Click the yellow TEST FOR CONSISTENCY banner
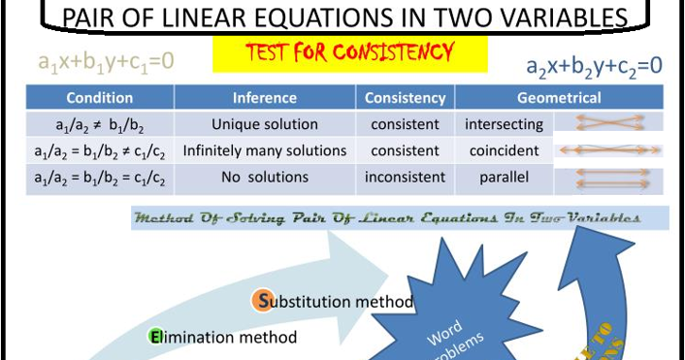click(349, 53)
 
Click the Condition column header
click(99, 98)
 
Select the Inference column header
click(265, 98)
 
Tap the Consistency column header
click(406, 98)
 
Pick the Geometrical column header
click(559, 98)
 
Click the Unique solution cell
click(265, 124)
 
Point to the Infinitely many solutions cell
click(265, 150)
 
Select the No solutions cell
click(265, 178)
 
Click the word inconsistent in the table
click(406, 178)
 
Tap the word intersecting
click(504, 124)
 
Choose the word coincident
click(504, 150)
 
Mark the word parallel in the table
click(504, 178)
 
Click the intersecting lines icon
click(606, 123)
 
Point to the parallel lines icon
click(606, 179)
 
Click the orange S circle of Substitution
click(262, 301)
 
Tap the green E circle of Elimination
click(154, 337)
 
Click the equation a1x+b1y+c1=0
click(106, 61)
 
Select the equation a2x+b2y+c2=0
click(594, 66)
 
